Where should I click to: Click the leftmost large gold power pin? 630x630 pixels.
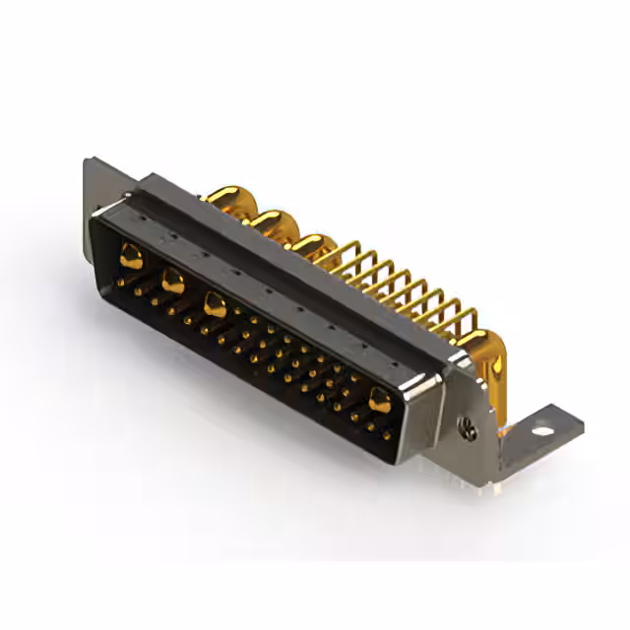(130, 259)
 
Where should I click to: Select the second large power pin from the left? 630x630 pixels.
(172, 283)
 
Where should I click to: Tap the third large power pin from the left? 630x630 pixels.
(215, 305)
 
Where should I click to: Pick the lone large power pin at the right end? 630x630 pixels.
(379, 399)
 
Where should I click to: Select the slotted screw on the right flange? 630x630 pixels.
(469, 428)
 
